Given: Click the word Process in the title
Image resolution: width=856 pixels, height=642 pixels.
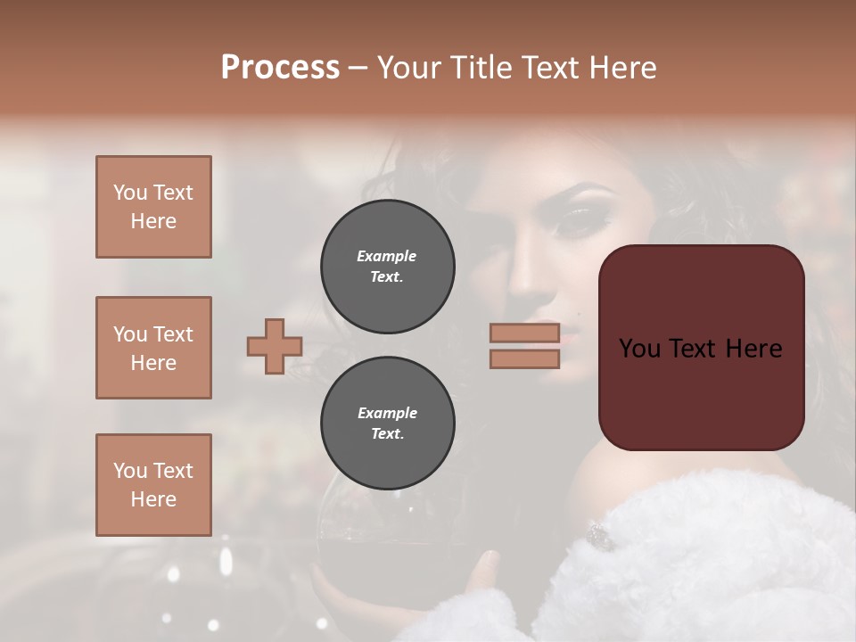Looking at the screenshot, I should click(x=280, y=67).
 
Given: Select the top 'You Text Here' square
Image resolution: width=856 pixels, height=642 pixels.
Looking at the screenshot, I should click(x=153, y=207).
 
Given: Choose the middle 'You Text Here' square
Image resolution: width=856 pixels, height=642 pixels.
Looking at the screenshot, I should click(x=153, y=348).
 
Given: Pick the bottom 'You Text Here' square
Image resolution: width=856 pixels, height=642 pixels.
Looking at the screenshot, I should click(x=153, y=485).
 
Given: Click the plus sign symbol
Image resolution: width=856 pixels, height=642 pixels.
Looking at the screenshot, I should click(x=275, y=346).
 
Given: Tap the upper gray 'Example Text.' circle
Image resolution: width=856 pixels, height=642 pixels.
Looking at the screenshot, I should click(x=388, y=267).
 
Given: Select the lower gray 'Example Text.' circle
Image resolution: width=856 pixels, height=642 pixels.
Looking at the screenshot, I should click(x=388, y=424).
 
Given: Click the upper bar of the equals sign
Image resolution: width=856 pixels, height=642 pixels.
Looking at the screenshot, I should click(x=524, y=333).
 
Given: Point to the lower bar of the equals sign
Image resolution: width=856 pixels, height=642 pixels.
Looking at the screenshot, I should click(x=524, y=358).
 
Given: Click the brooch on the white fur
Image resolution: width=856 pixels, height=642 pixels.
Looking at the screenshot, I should click(x=598, y=536).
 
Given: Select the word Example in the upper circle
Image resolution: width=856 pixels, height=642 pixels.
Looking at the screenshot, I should click(x=386, y=256).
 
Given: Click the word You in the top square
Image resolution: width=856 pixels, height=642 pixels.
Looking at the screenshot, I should click(x=129, y=193).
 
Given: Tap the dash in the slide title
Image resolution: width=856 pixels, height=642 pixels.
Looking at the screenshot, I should click(x=358, y=69).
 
